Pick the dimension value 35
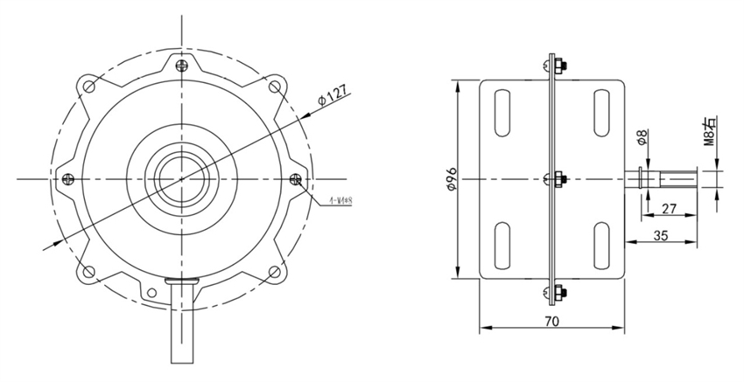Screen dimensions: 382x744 [663, 235]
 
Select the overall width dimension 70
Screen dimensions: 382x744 [551, 321]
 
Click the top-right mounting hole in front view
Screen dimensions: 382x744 [277, 86]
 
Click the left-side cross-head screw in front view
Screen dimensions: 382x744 [67, 178]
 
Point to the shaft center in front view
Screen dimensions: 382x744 [182, 178]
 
